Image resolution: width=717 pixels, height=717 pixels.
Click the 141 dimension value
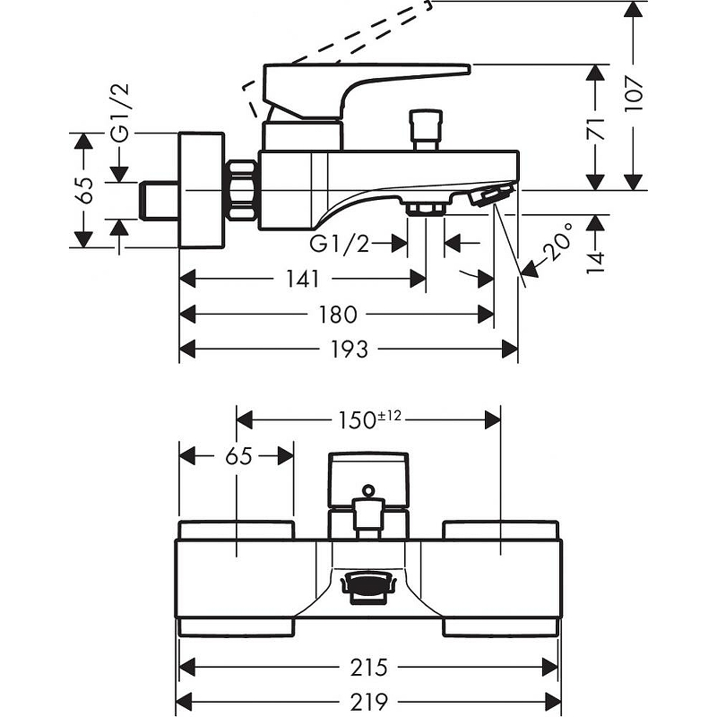coord(304,280)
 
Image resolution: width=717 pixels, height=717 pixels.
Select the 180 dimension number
coord(339,315)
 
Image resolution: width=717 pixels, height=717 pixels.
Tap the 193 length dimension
coord(350,350)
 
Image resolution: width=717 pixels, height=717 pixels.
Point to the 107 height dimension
coord(634,90)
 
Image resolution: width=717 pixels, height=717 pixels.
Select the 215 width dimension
coord(369,667)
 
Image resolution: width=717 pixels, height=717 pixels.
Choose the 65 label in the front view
coord(238,455)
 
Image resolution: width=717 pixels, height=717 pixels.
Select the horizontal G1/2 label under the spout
coord(339,243)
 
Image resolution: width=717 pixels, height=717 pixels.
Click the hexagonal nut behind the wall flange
coord(242,190)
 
